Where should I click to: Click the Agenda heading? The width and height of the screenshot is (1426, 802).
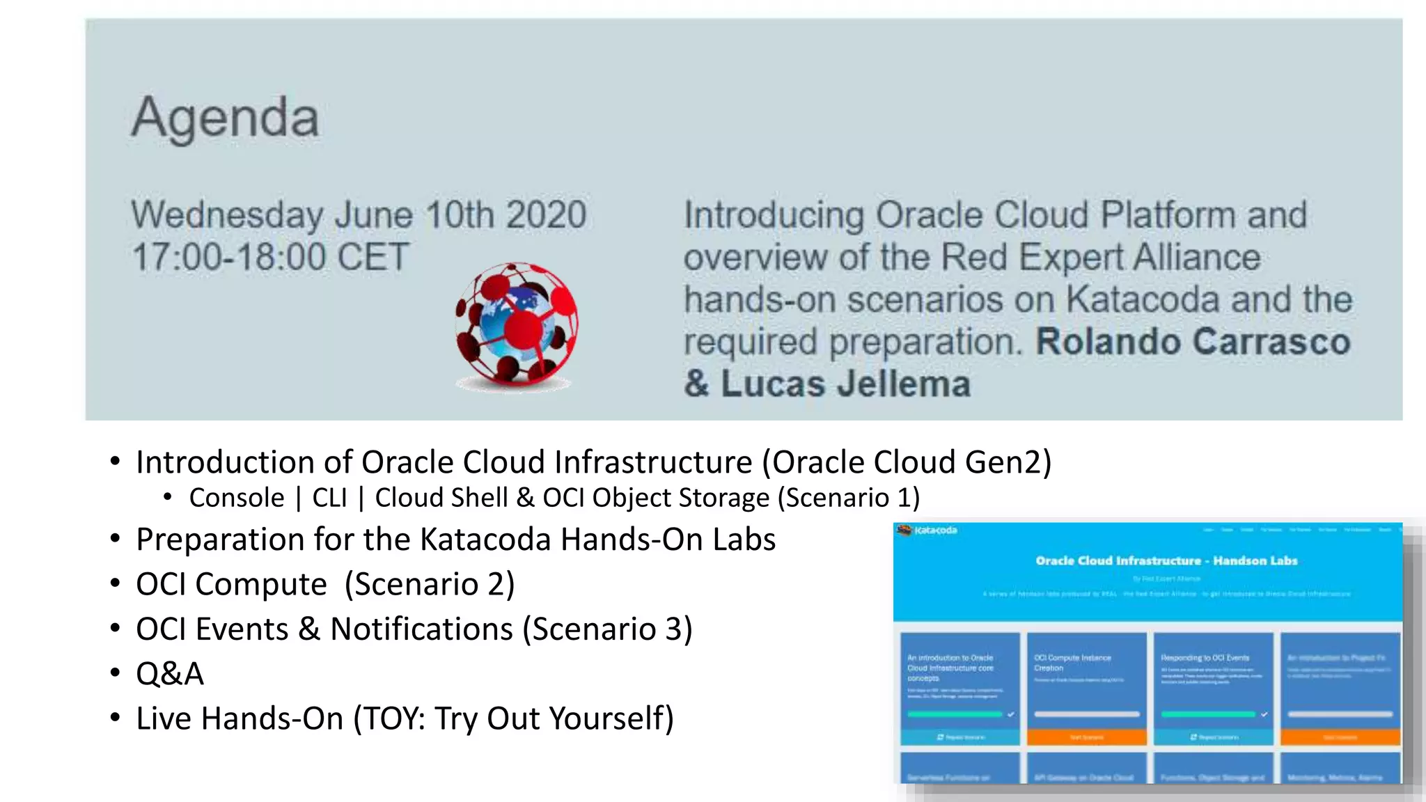coord(225,118)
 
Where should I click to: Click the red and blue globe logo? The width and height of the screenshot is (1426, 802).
coord(516,324)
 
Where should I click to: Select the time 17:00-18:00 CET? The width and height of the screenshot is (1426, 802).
coord(270,258)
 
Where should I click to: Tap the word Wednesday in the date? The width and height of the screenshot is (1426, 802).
coord(226,214)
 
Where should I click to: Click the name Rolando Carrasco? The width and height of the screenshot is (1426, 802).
coord(1193,343)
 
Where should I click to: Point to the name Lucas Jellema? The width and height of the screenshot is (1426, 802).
coord(845,384)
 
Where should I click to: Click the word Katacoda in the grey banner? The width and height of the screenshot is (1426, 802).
coord(1142,300)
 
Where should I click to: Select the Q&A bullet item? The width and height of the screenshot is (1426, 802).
coord(170,674)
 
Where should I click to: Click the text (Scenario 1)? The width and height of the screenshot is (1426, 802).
coord(849,498)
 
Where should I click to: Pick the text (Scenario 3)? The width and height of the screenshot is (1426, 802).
coord(608,629)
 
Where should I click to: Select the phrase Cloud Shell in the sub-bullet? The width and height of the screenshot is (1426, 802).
coord(441,498)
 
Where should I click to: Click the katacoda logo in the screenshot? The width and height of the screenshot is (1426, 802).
coord(928,530)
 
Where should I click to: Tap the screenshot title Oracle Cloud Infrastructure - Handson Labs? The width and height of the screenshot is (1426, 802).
coord(1166,560)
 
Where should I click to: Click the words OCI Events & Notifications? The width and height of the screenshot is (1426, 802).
coord(324,629)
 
